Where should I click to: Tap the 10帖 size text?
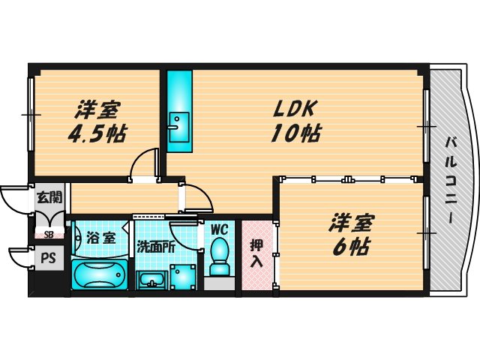(298, 134)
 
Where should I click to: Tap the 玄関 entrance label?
(49, 199)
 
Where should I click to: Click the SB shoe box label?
(49, 234)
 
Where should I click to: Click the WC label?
(219, 229)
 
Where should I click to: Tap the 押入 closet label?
(256, 253)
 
